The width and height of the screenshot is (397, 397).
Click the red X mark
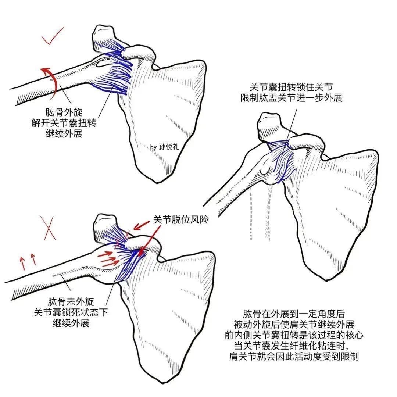tap(49, 228)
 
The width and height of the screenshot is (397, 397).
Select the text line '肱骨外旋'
tap(64, 111)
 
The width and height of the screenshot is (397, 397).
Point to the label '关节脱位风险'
tap(181, 220)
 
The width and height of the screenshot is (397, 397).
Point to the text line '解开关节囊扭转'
tap(64, 122)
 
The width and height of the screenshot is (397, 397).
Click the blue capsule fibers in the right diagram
tap(281, 162)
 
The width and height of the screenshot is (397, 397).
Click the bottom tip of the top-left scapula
tap(158, 181)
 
